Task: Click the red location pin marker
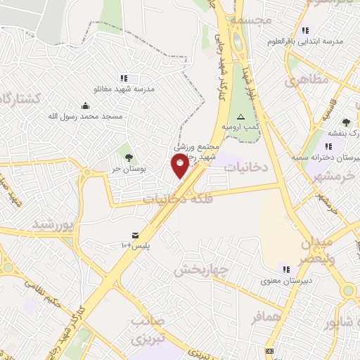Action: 180,165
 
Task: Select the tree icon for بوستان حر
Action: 128,157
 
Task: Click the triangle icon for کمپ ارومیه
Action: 241,116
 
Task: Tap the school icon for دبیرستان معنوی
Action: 286,269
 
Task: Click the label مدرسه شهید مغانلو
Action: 124,89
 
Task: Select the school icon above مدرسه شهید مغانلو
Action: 124,78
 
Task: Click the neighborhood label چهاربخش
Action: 200,269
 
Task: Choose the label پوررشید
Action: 53,225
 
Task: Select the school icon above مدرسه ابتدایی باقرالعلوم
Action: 305,30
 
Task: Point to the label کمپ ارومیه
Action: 241,127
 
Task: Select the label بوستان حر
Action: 128,169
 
